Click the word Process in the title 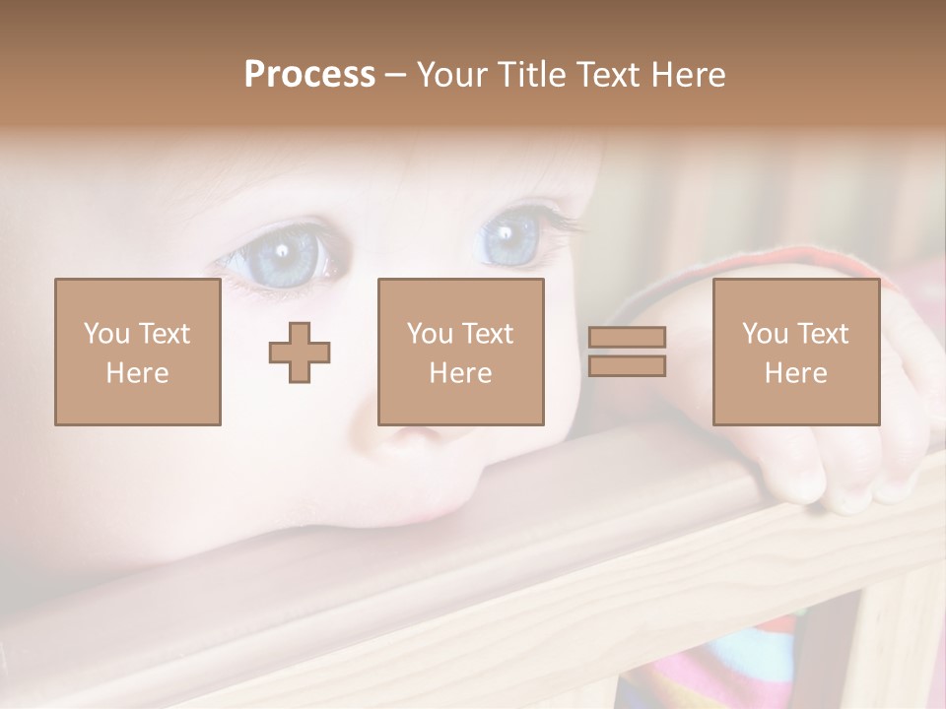coord(309,75)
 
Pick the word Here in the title coord(689,75)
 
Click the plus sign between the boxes coord(300,353)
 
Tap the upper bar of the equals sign coord(627,338)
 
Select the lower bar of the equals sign coord(627,365)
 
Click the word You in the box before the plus coord(106,334)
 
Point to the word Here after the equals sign coord(796,373)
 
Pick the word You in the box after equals coord(765,334)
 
